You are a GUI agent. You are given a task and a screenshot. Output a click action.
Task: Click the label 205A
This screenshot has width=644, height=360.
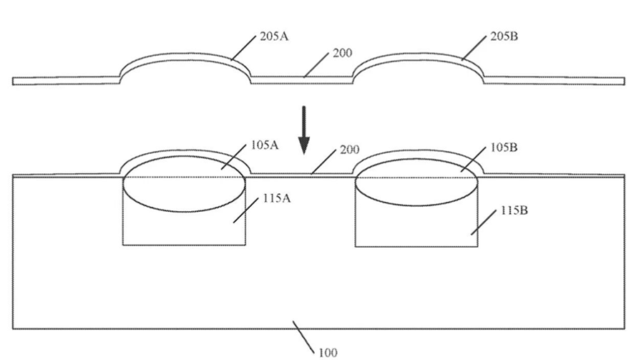(274, 37)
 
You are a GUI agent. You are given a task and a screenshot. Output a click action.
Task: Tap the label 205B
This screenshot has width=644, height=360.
(504, 37)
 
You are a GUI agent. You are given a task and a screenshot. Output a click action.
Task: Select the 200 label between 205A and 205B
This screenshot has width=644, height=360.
(342, 53)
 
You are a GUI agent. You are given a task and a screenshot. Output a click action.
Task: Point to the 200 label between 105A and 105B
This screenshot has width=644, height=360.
(349, 149)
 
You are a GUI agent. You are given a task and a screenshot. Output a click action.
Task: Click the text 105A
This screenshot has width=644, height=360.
(265, 145)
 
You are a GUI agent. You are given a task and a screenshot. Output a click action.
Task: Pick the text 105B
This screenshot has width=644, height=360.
(504, 147)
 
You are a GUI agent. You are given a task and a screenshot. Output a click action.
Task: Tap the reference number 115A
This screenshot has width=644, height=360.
(276, 198)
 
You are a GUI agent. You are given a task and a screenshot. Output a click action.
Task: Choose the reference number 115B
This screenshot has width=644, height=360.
(514, 210)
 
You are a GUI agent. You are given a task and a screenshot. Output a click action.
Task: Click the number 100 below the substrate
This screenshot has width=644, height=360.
(328, 353)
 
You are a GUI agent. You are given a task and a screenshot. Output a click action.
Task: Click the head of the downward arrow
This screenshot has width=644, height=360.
(304, 145)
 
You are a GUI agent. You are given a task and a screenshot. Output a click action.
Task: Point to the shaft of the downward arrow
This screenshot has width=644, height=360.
(304, 122)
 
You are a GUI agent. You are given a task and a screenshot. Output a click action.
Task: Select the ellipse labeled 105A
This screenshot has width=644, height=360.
(185, 211)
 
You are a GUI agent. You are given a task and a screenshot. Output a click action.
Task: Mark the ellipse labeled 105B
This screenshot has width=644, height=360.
(416, 205)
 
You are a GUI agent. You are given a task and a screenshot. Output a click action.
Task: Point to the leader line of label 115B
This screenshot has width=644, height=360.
(484, 223)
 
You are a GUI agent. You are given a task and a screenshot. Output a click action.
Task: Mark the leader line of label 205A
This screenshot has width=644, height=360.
(243, 48)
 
